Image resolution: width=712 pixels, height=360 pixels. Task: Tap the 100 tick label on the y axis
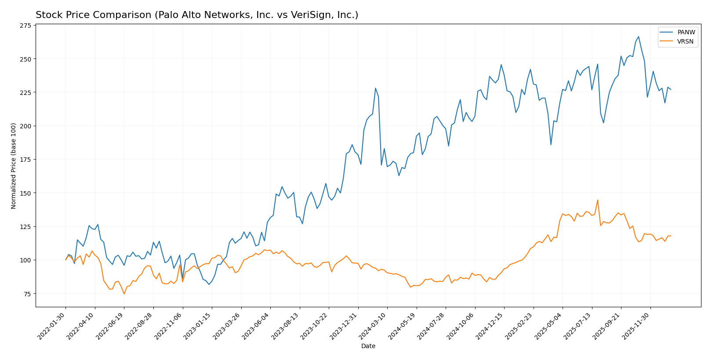click(25, 260)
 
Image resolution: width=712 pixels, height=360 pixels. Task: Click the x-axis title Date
click(368, 346)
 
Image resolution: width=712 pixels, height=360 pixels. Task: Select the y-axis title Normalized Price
click(14, 166)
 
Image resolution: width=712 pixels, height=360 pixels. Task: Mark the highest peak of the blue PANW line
click(638, 37)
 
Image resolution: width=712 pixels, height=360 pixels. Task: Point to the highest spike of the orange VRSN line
click(597, 200)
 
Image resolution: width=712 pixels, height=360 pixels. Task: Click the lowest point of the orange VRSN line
click(124, 294)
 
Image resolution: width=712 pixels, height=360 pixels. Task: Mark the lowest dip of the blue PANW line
click(209, 284)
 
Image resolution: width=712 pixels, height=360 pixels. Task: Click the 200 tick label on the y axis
click(25, 126)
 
